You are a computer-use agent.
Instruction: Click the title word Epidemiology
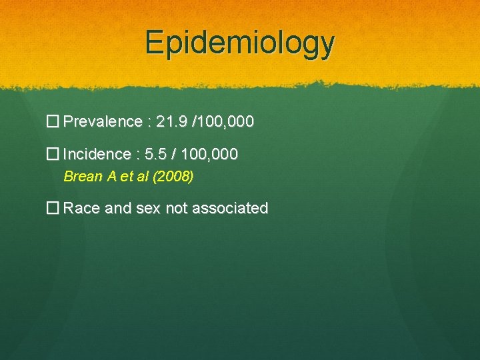point(240,43)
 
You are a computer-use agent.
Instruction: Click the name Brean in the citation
point(81,177)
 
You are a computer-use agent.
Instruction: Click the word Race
point(81,208)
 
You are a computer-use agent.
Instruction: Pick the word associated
point(230,208)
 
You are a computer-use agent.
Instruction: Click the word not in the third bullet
point(177,208)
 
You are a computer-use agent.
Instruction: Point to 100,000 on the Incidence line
point(210,155)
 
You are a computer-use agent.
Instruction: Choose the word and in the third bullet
point(118,208)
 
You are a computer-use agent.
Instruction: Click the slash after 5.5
point(175,155)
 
